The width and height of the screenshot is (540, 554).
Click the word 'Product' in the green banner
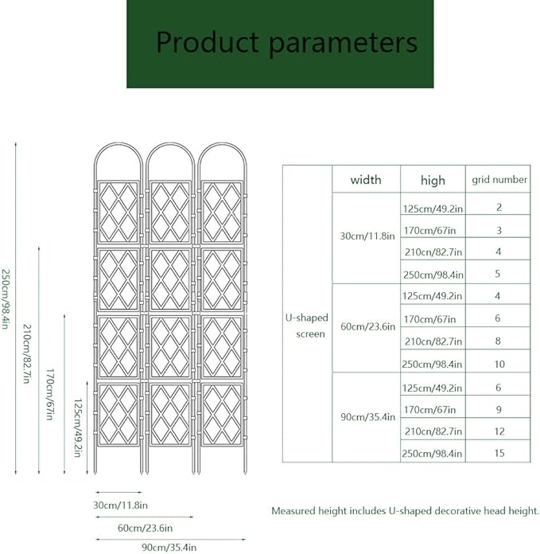click(x=208, y=41)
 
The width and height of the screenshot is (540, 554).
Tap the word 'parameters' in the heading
click(x=344, y=44)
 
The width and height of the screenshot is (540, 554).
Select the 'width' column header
click(x=366, y=180)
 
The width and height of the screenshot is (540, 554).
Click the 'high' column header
click(x=433, y=181)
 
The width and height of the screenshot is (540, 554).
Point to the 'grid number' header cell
click(x=499, y=180)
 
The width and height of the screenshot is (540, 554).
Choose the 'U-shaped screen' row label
click(x=307, y=326)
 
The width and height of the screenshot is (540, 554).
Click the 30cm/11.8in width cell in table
click(x=367, y=236)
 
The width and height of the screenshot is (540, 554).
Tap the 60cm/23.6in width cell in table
click(x=367, y=326)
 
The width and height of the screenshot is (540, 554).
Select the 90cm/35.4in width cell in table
click(x=367, y=417)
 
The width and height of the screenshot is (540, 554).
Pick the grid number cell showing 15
click(x=499, y=453)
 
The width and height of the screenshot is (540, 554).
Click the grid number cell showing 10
click(x=499, y=364)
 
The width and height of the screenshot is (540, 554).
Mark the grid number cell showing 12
click(x=499, y=431)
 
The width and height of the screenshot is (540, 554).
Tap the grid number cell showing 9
click(x=499, y=409)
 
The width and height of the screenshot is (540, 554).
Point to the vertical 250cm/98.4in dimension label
click(x=5, y=299)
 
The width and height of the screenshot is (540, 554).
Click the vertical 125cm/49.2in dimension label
click(x=78, y=428)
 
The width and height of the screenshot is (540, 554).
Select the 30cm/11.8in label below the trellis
click(x=120, y=505)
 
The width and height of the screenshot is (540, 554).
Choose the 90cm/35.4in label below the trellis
click(x=169, y=548)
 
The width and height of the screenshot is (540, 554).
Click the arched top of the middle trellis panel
click(x=170, y=144)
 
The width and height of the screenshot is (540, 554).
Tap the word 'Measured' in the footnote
click(x=293, y=511)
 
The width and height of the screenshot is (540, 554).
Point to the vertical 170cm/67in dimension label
click(x=50, y=394)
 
